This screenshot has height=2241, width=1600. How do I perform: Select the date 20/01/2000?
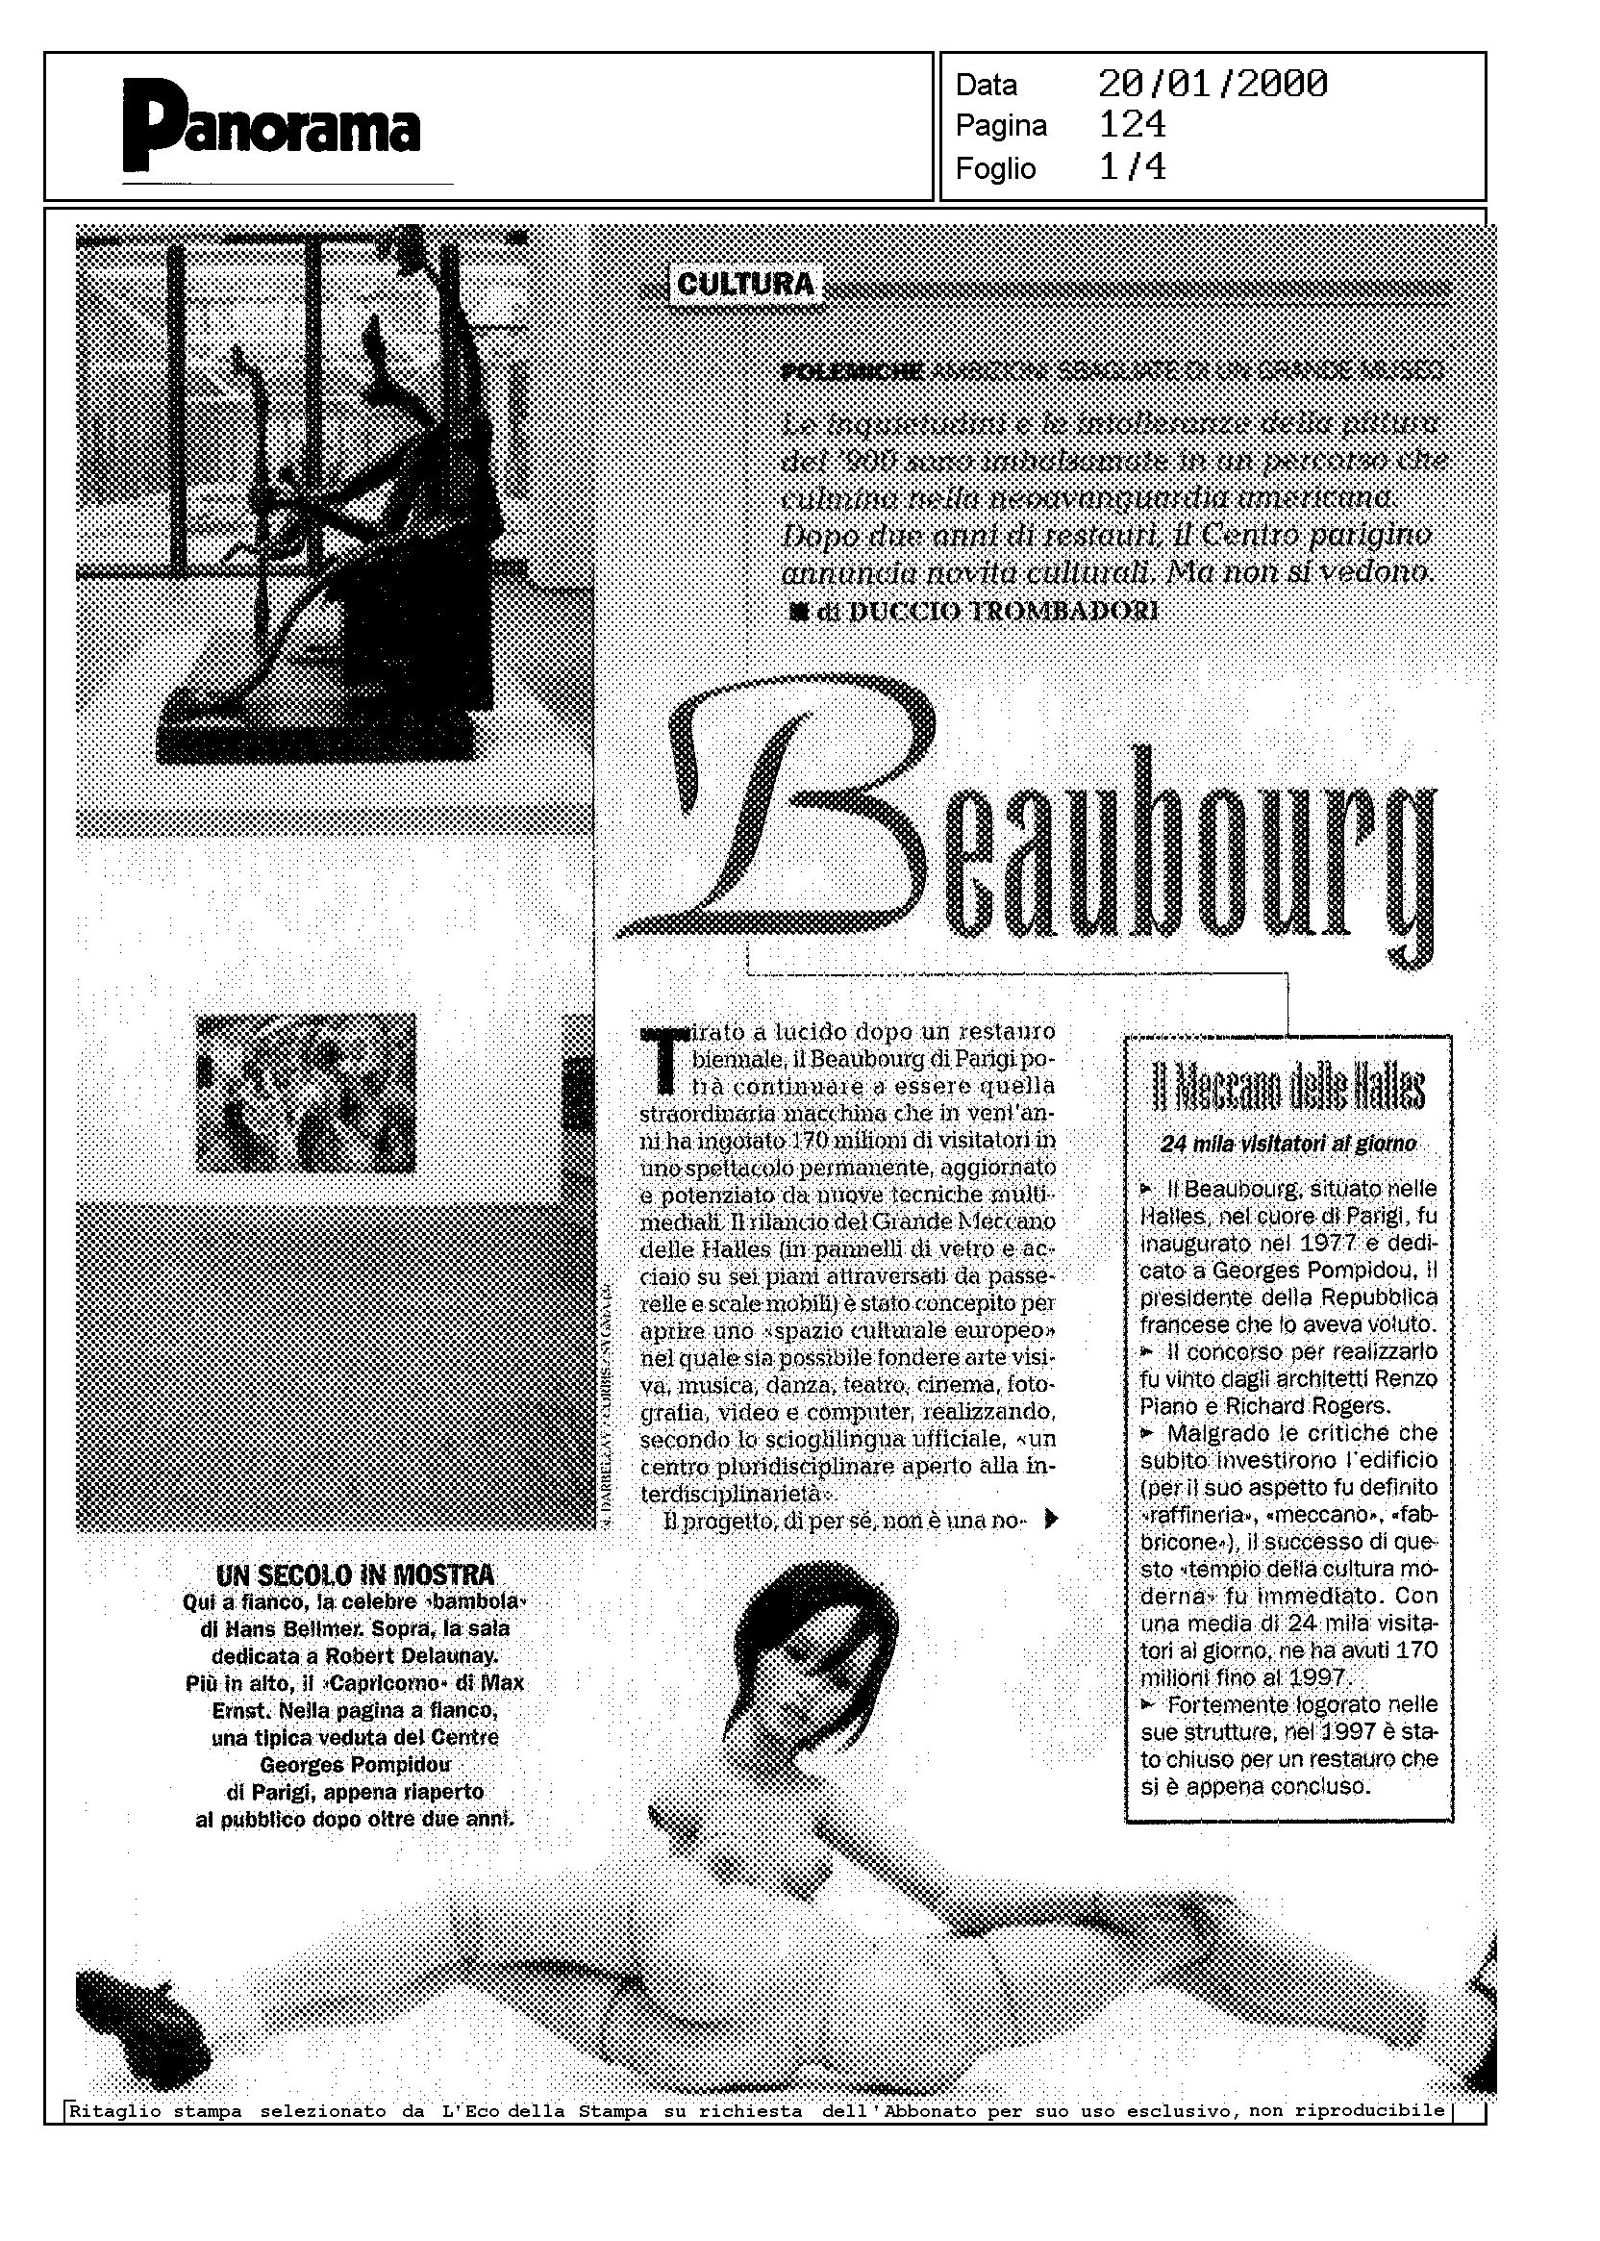[1212, 84]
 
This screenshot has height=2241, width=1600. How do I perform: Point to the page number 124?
[1132, 125]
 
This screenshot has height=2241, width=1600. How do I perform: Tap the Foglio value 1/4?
[1132, 167]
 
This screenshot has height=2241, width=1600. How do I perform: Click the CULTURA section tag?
[746, 285]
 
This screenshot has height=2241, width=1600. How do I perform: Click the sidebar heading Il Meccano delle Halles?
[1288, 1088]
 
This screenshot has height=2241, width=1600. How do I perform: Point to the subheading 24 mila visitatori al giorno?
[1288, 1145]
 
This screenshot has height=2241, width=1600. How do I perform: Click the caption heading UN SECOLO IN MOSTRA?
[355, 1574]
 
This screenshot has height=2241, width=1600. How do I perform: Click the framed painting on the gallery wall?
[306, 1092]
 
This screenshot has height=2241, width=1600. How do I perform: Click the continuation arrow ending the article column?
[1051, 1519]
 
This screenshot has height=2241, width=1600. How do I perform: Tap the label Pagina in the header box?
[1001, 126]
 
